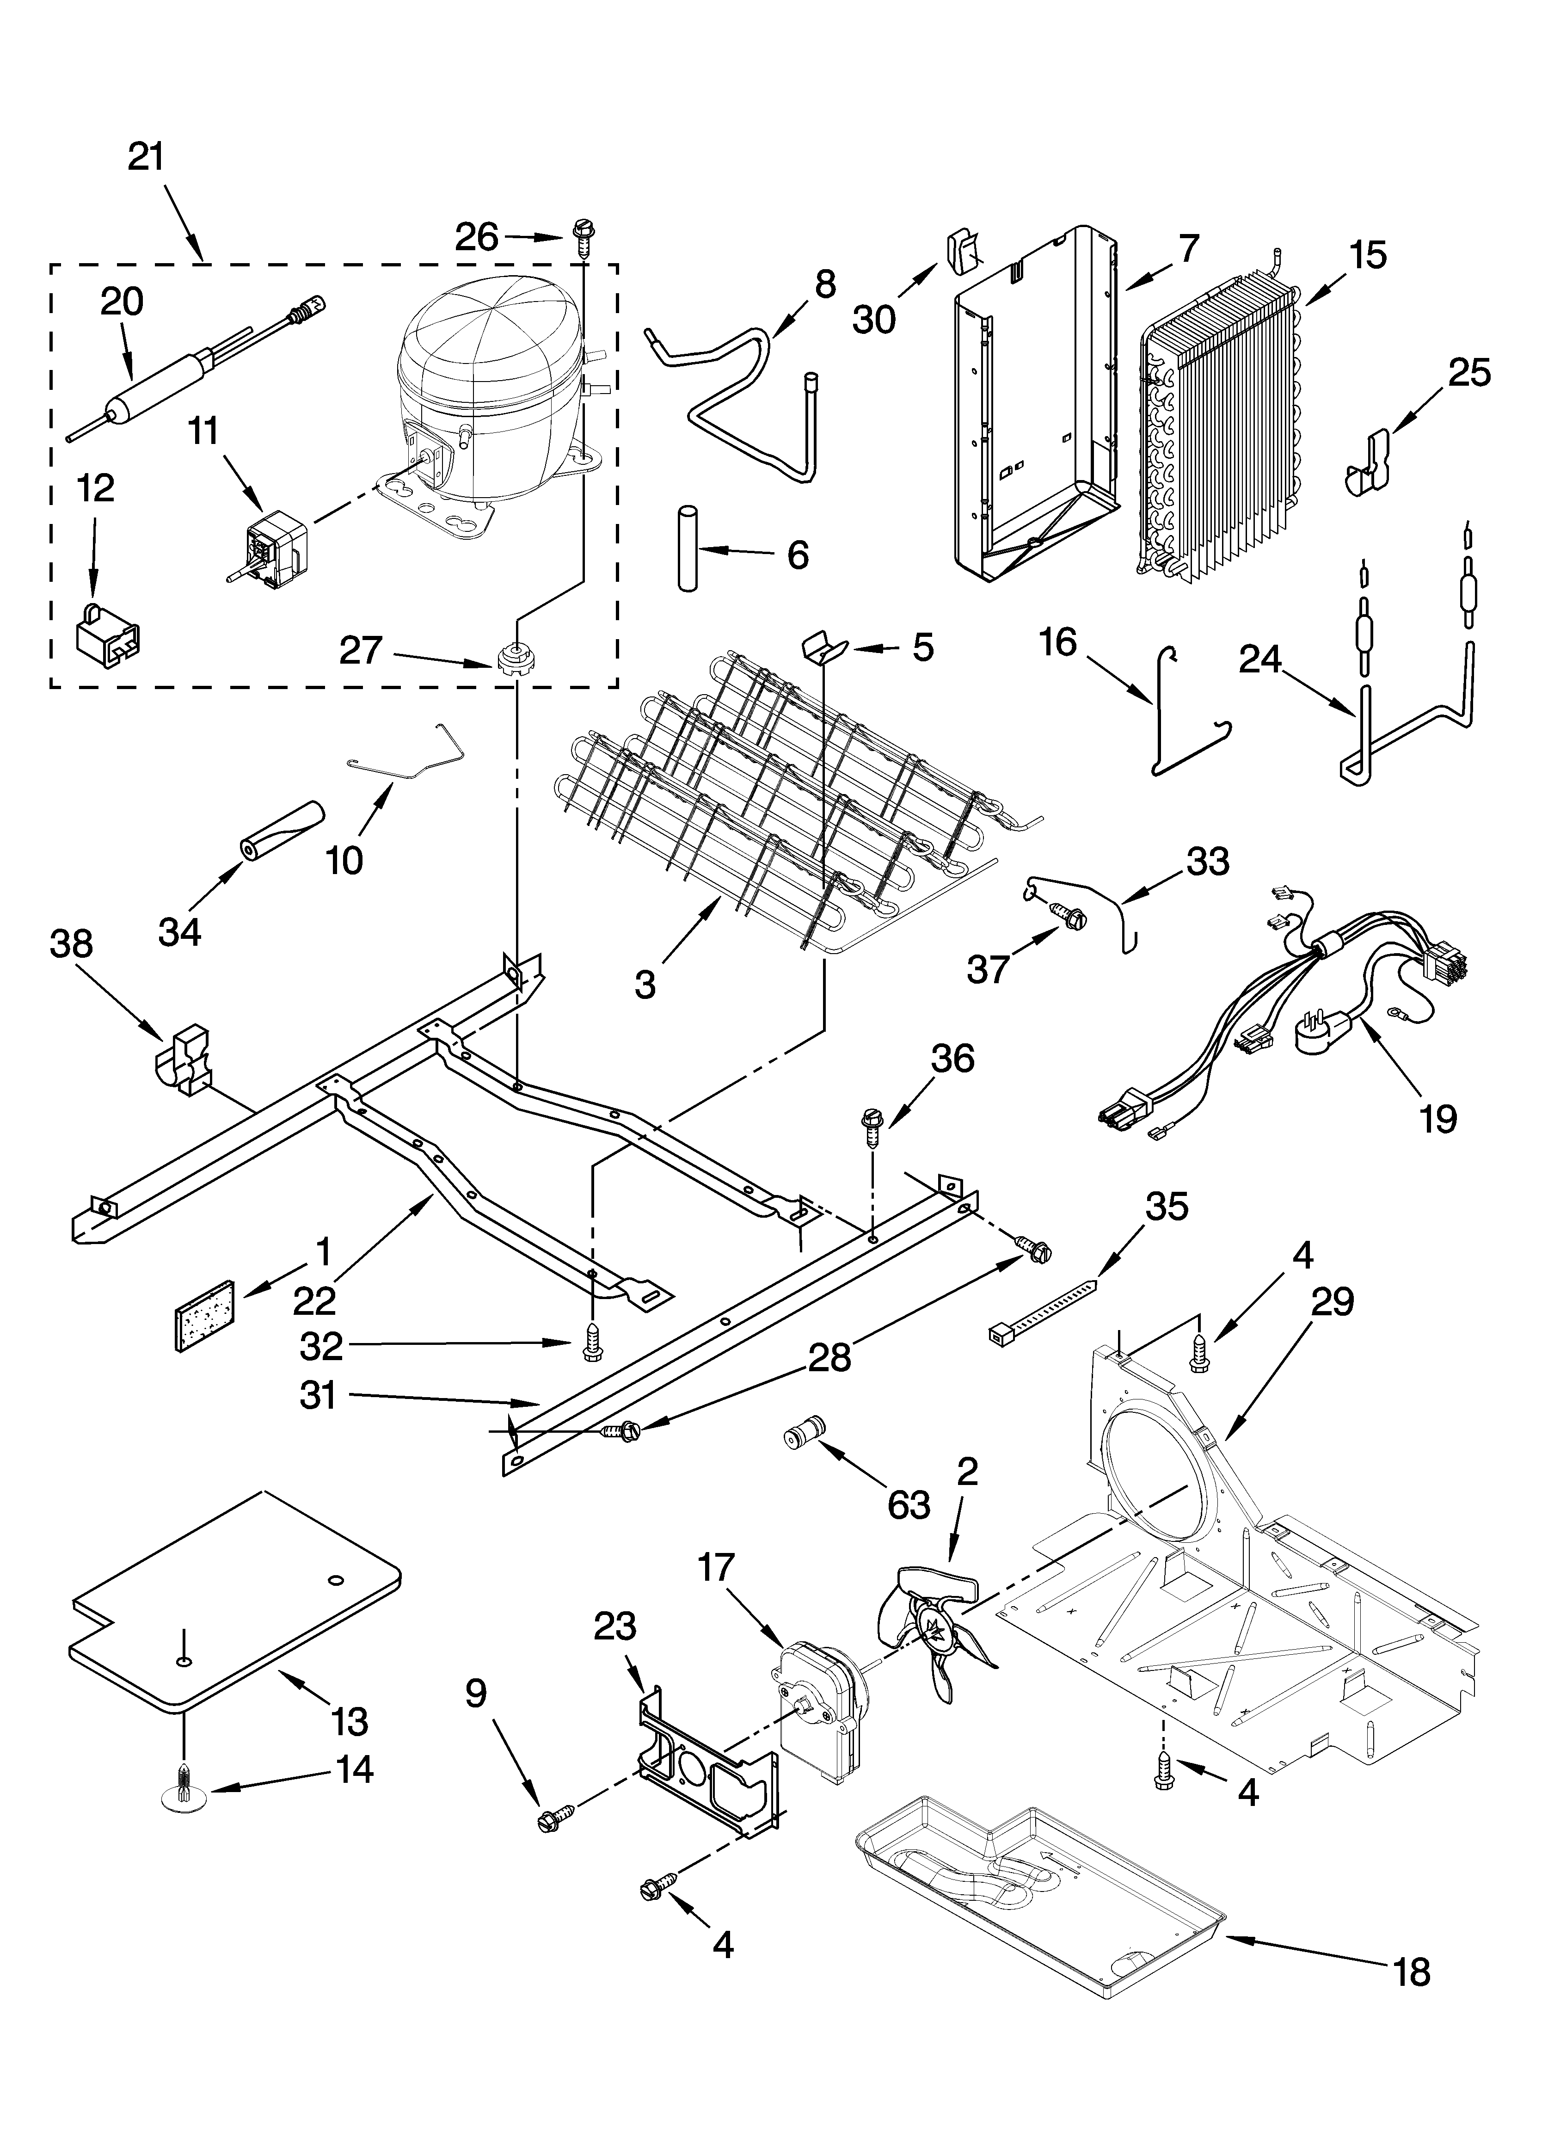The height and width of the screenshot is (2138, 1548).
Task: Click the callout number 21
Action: pos(146,156)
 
